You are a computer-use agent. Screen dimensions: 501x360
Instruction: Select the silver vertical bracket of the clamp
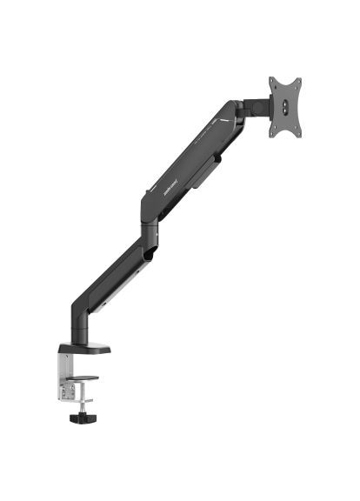(x=65, y=372)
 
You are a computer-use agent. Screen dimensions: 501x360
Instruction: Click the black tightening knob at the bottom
(x=83, y=417)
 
